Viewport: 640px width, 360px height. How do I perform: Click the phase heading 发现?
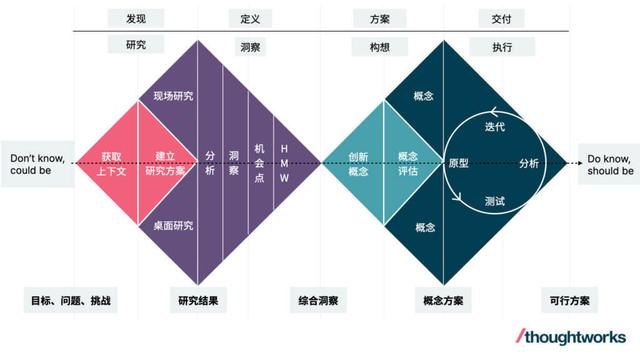[135, 19]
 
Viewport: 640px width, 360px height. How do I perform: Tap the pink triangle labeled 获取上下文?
[110, 162]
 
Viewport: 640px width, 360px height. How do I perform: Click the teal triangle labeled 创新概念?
[358, 162]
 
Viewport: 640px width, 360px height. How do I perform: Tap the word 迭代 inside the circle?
[495, 127]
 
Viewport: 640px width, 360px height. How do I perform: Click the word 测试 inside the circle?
[495, 200]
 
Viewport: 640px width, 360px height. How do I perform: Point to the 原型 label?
[459, 162]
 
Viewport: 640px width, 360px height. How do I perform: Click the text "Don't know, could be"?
[37, 164]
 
